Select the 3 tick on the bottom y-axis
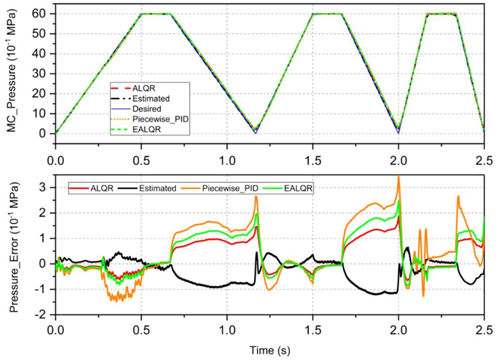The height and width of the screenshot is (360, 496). [x=44, y=187]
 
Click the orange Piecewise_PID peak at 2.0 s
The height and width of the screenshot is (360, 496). [x=398, y=176]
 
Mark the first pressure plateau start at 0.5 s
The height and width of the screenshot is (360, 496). [x=141, y=14]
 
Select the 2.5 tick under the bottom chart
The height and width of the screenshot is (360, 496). [x=484, y=328]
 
